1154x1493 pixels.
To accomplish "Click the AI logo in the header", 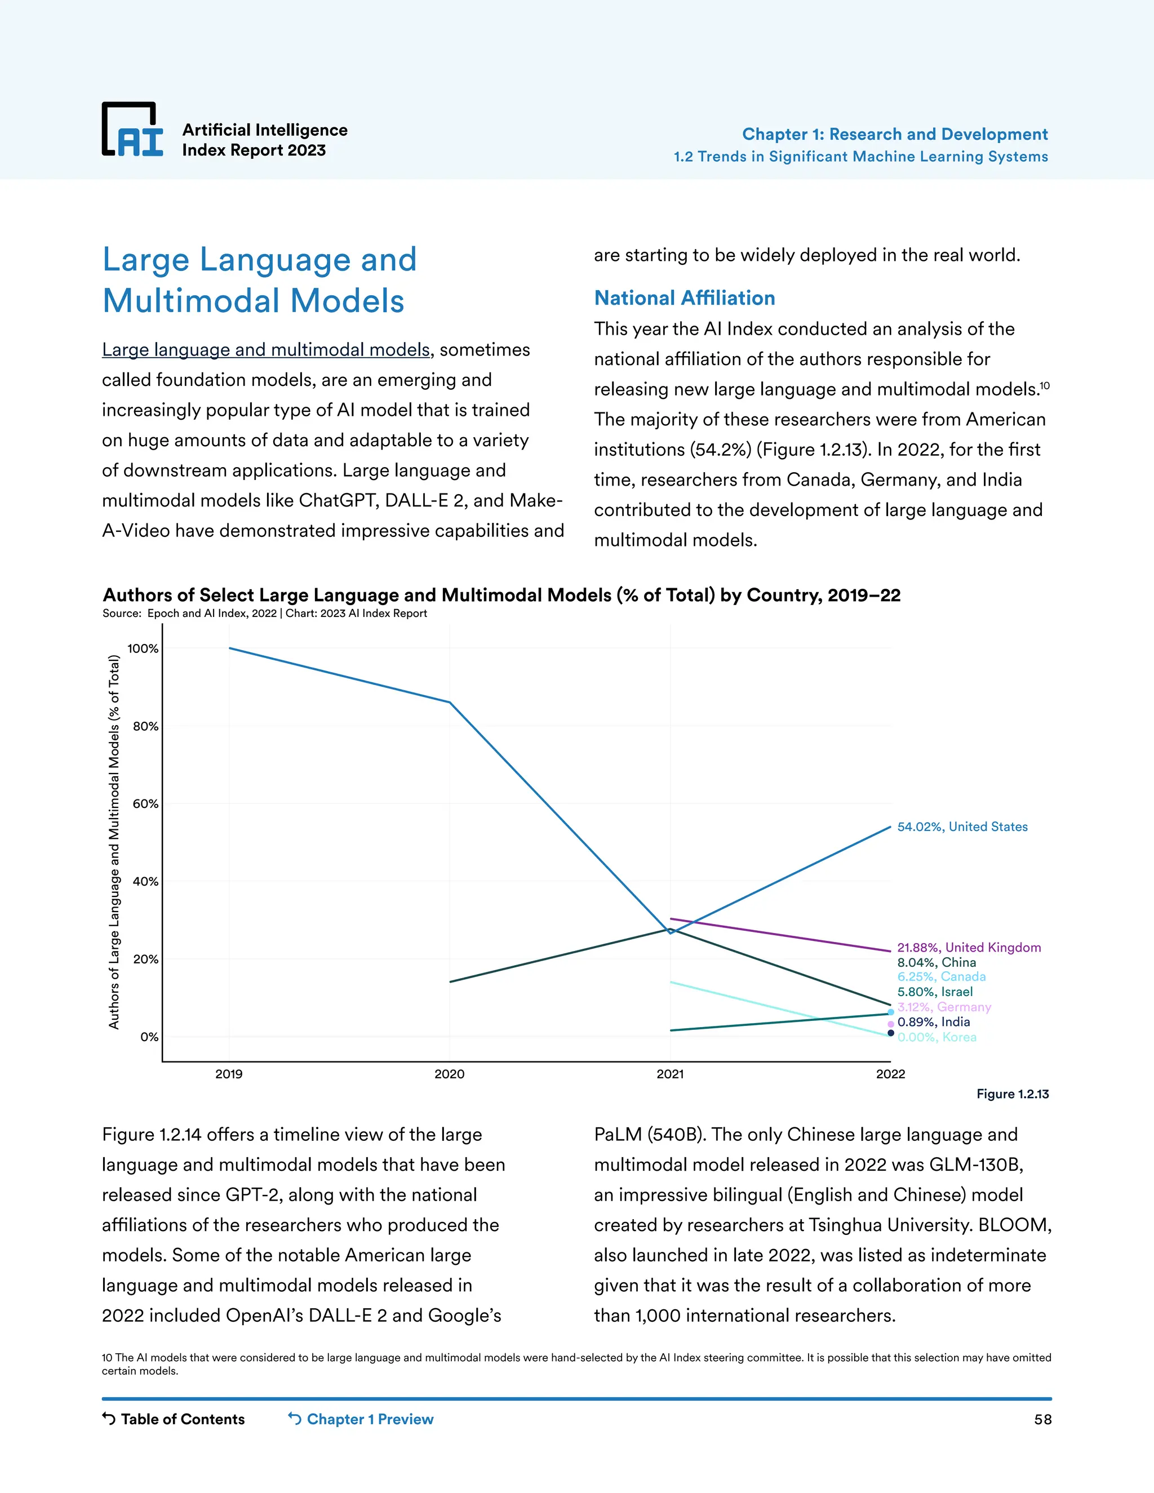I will pos(132,130).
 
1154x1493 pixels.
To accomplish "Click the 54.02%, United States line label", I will pos(962,827).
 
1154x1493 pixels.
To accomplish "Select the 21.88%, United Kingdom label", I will pos(969,948).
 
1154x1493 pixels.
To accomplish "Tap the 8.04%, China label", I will pos(936,962).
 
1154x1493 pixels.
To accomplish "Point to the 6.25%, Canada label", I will pos(942,977).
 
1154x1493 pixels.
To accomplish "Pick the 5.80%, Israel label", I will pos(935,992).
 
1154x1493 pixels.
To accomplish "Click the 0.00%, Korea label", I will pos(936,1037).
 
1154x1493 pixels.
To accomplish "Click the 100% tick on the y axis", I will pos(143,648).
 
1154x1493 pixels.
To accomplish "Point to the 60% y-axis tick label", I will pos(145,804).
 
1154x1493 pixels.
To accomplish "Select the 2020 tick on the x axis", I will pos(449,1074).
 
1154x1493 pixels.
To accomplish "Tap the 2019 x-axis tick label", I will pos(229,1074).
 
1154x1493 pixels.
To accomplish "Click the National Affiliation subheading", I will pos(684,298).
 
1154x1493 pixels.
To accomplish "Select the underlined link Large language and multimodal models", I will pos(266,350).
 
